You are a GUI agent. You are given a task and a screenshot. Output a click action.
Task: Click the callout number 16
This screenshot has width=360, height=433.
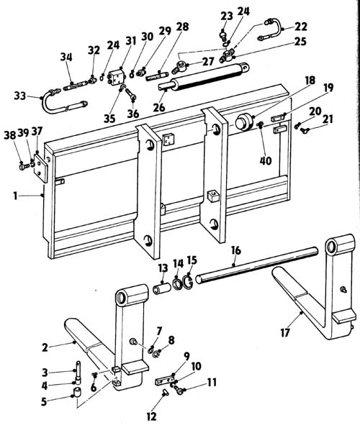click(236, 250)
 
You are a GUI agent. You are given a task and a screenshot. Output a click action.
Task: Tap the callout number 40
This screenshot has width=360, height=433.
click(266, 160)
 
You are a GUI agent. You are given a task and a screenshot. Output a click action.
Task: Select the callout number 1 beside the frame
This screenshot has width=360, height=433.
click(16, 196)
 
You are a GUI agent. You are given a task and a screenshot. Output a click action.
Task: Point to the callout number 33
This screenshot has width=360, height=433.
click(20, 96)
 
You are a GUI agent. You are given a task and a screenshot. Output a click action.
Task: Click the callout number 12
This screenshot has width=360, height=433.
click(151, 416)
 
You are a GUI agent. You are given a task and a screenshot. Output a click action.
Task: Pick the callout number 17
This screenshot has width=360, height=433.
click(285, 333)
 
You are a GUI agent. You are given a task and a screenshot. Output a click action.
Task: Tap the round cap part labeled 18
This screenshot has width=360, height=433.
click(244, 122)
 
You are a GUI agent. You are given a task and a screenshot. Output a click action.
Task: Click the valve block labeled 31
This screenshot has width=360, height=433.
click(117, 77)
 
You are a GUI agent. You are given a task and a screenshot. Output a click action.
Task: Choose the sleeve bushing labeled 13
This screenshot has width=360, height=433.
click(161, 288)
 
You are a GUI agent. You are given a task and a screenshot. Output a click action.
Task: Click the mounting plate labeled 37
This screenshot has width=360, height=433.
click(40, 168)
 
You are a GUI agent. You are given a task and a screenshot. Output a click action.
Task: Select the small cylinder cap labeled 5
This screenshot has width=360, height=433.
click(78, 393)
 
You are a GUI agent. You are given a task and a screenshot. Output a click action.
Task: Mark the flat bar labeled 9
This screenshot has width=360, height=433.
click(165, 380)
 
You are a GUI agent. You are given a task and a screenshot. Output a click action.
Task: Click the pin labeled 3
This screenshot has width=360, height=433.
click(78, 373)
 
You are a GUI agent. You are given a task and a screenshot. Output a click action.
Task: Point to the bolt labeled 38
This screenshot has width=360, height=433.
click(24, 167)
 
